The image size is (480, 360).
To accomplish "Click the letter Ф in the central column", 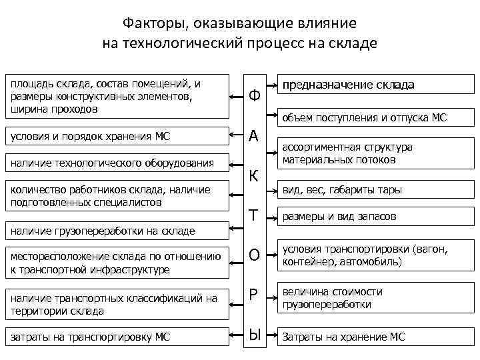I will [254, 96].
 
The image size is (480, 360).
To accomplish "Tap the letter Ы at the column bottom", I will [254, 336].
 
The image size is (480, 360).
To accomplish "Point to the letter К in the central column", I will [254, 176].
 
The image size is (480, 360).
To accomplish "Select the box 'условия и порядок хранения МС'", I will [117, 137].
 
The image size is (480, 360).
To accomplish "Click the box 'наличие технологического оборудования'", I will [117, 163].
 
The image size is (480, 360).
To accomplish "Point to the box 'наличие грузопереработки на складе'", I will [117, 231].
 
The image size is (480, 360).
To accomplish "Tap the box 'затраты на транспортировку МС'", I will [117, 337].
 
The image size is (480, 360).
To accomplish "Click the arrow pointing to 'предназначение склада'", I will [273, 86].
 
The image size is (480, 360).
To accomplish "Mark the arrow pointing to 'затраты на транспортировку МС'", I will [236, 337].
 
